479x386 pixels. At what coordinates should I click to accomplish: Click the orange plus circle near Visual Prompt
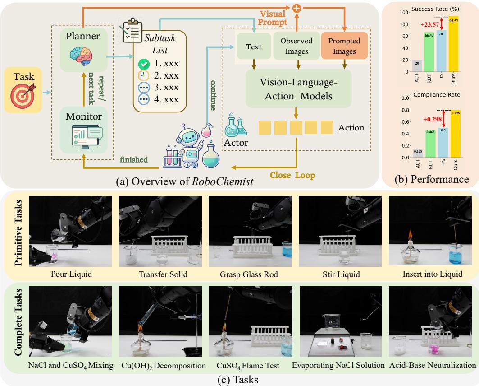[x=297, y=7]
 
